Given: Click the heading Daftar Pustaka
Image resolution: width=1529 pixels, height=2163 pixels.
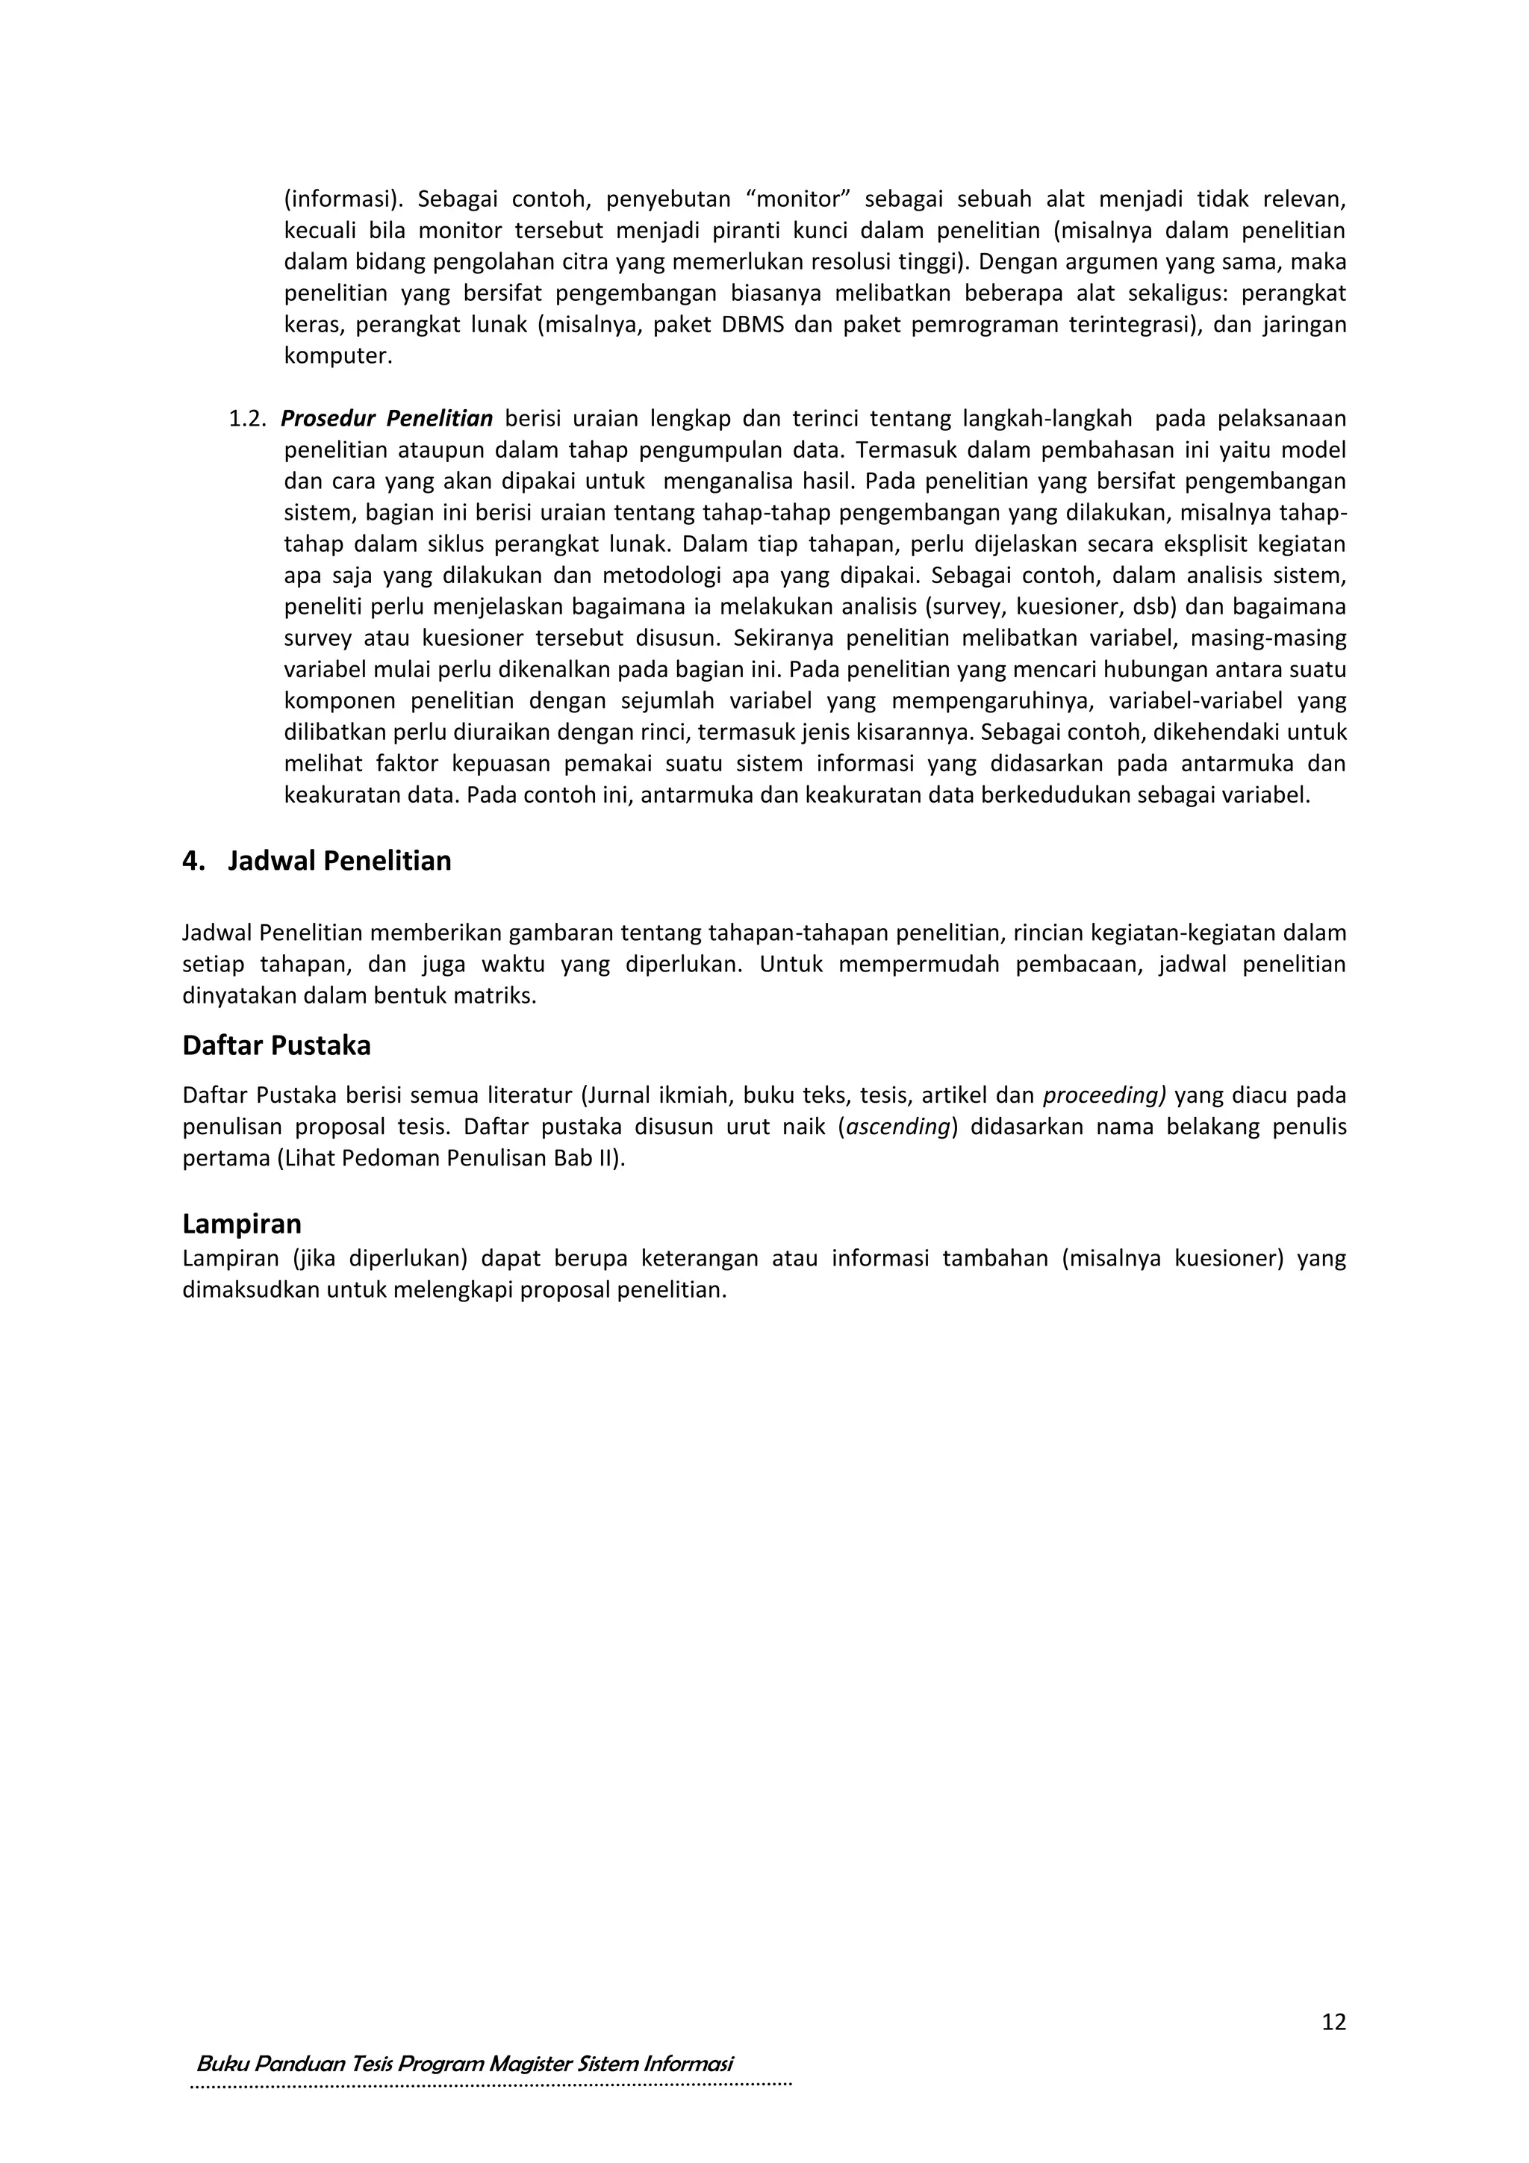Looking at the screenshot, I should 276,1046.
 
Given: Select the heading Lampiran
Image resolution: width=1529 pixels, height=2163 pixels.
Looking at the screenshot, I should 241,1224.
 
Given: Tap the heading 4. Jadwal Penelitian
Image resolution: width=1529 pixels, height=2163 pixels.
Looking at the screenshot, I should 317,861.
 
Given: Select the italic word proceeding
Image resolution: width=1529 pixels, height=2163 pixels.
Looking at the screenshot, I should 1103,1095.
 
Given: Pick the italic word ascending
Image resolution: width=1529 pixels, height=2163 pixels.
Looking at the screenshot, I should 897,1127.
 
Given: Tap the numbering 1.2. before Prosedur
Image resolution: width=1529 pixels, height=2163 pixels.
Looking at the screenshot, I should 248,418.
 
